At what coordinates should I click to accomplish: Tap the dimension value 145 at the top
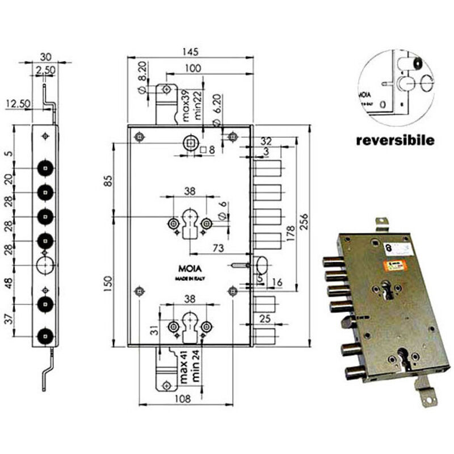190,52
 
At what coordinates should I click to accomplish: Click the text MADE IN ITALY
190,280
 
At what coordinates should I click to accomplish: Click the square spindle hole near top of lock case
190,142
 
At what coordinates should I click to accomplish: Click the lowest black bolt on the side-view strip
45,336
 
